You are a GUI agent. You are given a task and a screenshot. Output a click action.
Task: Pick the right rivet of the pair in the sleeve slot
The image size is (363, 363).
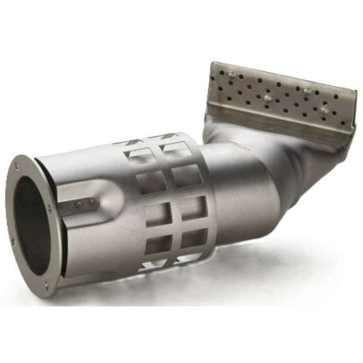click(90, 202)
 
